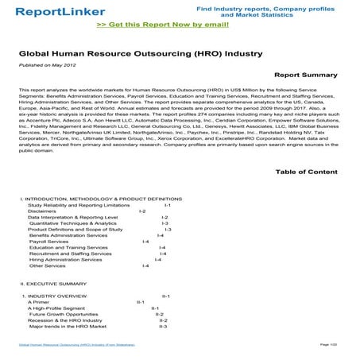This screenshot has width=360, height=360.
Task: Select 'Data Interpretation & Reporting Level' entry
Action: pos(72,218)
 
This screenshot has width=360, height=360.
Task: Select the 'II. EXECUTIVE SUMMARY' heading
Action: pos(53,284)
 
